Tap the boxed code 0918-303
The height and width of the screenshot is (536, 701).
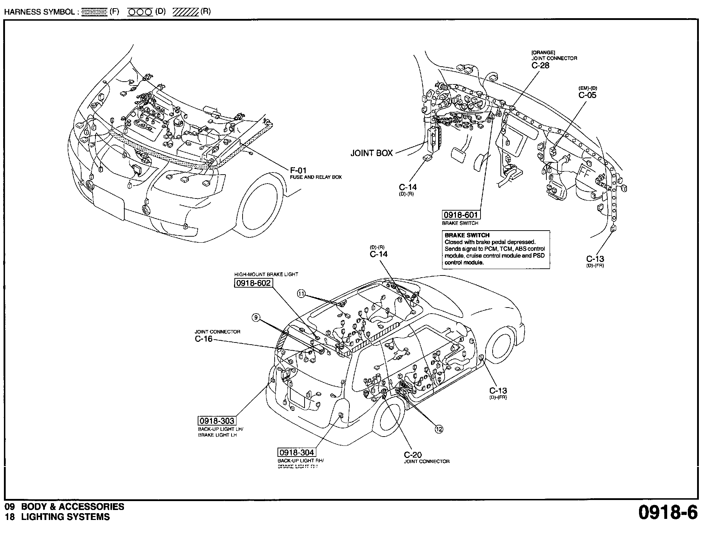pos(217,421)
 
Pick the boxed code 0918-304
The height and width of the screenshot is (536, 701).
pos(297,453)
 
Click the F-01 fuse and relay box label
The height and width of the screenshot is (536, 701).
pos(298,171)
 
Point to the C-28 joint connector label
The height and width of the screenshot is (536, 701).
pos(540,65)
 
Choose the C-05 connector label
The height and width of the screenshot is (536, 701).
pos(587,95)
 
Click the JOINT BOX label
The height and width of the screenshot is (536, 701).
pos(372,153)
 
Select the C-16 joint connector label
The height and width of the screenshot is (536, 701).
pos(203,339)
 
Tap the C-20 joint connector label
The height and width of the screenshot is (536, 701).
pos(413,455)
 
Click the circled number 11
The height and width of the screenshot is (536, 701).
pos(301,294)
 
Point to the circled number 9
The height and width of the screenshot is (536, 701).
pos(256,318)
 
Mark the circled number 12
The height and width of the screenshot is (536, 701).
pos(439,429)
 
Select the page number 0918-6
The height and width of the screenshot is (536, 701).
pos(668,513)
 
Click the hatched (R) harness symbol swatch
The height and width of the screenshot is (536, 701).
pos(185,12)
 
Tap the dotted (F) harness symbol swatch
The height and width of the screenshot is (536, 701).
pos(94,12)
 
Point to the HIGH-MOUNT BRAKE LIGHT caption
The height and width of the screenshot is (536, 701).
pos(266,274)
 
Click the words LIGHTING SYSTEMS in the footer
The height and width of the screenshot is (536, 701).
pos(66,517)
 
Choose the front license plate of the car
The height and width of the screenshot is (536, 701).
pos(108,204)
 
